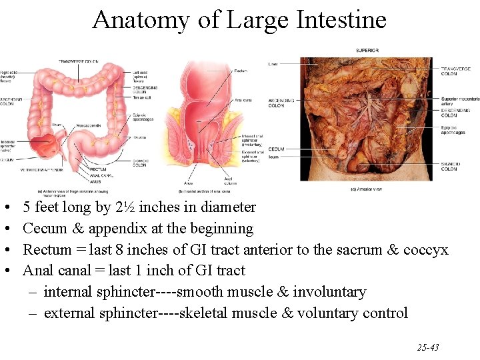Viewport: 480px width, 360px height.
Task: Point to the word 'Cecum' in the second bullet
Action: [x=44, y=229]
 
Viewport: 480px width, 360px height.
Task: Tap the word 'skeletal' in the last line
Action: [x=207, y=313]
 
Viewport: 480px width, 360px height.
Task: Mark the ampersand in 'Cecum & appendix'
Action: [x=75, y=229]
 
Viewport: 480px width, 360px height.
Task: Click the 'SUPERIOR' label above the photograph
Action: [x=367, y=50]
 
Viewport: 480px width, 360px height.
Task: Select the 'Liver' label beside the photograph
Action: [x=273, y=64]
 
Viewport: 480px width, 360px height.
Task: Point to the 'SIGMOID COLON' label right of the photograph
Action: [x=449, y=166]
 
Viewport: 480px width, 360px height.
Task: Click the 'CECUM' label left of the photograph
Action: [x=276, y=149]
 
